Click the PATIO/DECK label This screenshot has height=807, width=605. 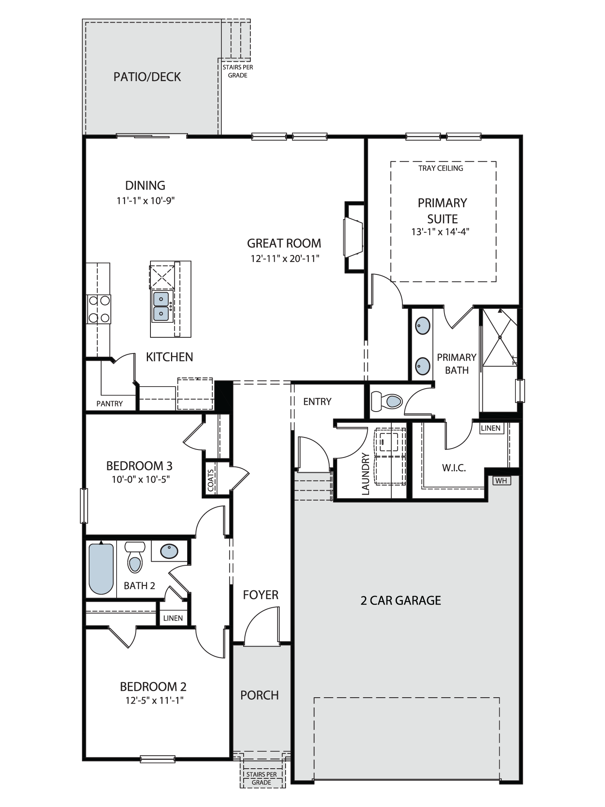(x=147, y=77)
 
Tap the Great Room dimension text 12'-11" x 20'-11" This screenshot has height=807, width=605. (x=285, y=259)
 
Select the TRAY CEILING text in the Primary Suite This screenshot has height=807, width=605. (x=441, y=168)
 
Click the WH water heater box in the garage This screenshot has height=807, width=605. (x=501, y=481)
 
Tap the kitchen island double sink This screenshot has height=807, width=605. (x=161, y=306)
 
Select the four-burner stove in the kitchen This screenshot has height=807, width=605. (x=99, y=309)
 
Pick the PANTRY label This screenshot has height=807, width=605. (x=110, y=403)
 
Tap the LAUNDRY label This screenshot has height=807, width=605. (x=366, y=474)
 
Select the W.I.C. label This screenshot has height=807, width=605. (x=454, y=468)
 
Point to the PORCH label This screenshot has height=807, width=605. (x=260, y=695)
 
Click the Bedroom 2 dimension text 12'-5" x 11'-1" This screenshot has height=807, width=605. (x=154, y=700)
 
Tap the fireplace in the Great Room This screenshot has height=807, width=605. (x=354, y=237)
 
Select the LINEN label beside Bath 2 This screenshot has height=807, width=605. (x=173, y=618)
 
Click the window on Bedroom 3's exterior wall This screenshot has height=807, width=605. (x=84, y=506)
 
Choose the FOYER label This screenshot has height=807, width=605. (x=261, y=595)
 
